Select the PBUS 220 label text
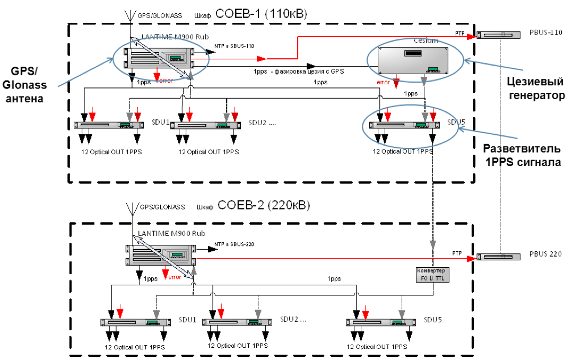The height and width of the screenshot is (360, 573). point(548,254)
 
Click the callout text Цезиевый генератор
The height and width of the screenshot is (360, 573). point(533,90)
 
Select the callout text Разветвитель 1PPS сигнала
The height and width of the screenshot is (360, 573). point(523,155)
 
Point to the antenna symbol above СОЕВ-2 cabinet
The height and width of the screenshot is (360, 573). point(131,210)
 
